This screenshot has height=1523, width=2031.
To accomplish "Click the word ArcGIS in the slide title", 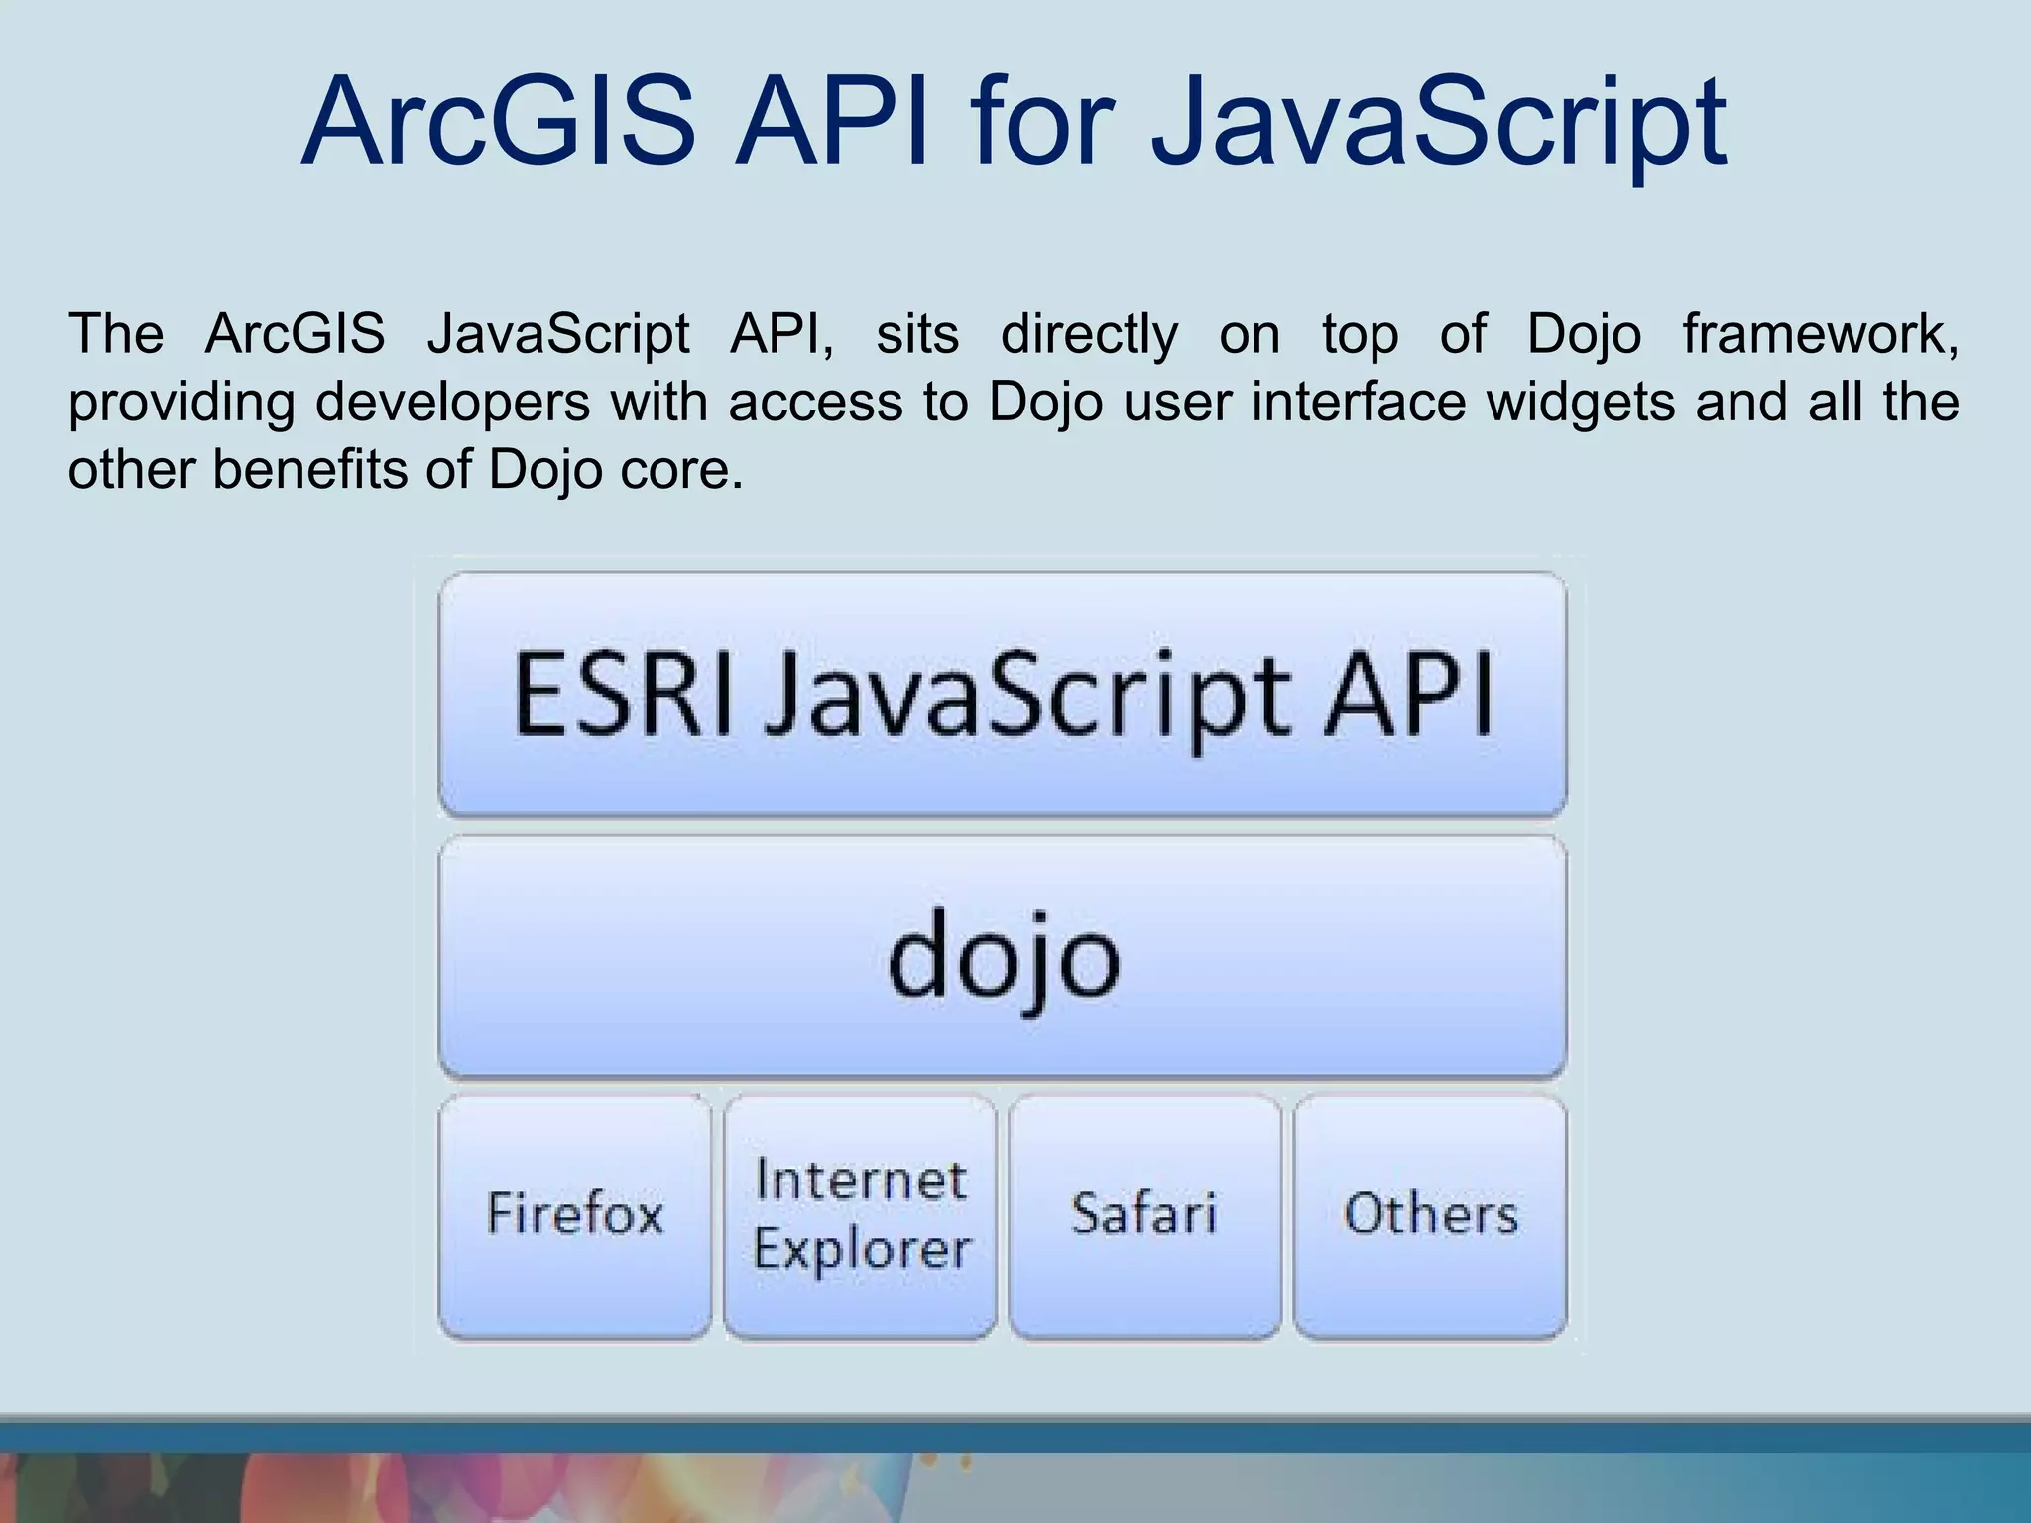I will [499, 124].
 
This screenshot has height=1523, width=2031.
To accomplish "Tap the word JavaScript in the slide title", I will [1438, 124].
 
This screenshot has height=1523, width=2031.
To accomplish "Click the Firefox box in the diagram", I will [575, 1215].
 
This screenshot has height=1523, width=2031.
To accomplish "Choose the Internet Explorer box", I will [861, 1215].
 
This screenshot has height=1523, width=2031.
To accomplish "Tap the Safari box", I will [1144, 1215].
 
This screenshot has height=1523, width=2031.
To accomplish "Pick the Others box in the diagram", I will [1430, 1215].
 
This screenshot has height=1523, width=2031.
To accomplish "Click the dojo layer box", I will [1003, 958].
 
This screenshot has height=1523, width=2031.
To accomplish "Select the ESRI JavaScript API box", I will [1003, 694].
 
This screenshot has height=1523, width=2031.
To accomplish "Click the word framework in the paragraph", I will [1820, 334].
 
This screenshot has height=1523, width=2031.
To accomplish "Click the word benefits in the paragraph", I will [309, 469].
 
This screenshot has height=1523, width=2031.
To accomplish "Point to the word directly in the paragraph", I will [1089, 334].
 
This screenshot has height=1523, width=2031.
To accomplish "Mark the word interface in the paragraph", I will [1359, 403].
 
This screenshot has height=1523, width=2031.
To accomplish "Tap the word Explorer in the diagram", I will [861, 1249].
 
